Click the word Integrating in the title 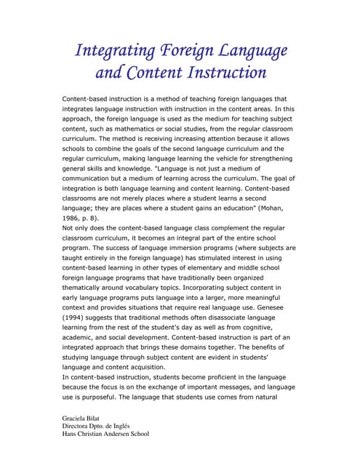coord(116,51)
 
